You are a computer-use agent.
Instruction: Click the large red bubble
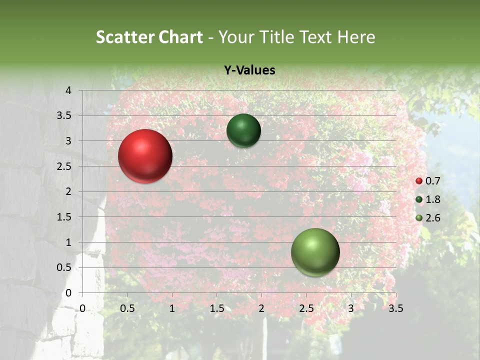pos(145,156)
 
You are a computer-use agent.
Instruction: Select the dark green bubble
pos(243,130)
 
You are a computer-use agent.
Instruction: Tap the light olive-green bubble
pos(315,252)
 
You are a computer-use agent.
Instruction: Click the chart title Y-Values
pos(249,70)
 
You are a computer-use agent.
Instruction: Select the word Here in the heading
pos(355,37)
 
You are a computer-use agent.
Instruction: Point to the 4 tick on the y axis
pos(69,90)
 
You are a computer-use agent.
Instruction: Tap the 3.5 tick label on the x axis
pos(395,308)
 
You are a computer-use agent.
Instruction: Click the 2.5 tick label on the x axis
pos(306,308)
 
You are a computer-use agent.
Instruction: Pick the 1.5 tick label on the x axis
pos(216,308)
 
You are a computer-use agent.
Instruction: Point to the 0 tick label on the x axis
pos(83,308)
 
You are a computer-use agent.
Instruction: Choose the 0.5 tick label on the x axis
pos(127,308)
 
